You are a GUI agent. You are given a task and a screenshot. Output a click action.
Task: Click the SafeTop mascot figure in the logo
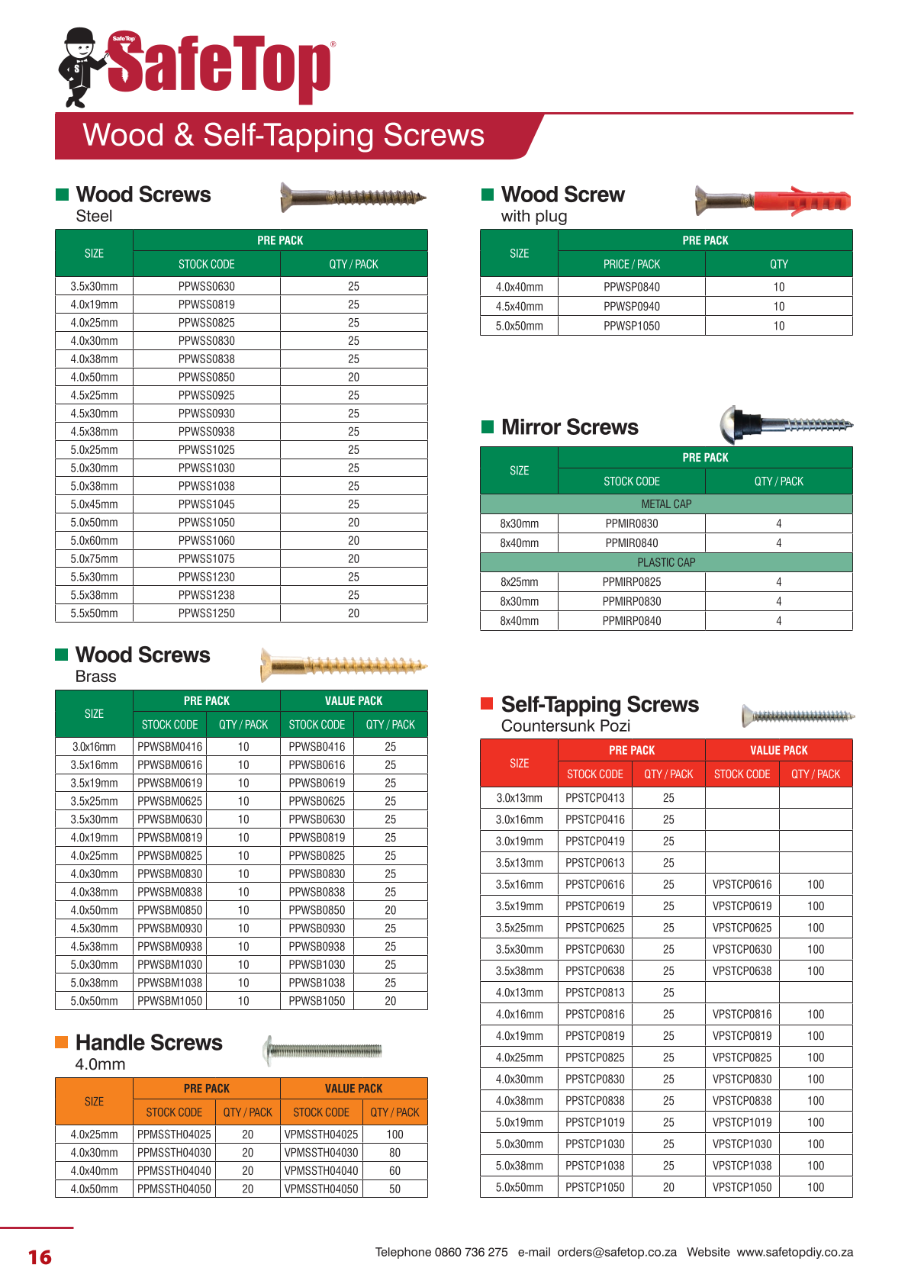80,67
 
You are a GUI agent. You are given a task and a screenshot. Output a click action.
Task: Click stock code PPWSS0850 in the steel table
206,377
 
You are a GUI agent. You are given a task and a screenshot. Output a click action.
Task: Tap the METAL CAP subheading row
666,504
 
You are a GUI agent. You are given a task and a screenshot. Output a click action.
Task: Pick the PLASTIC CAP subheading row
666,562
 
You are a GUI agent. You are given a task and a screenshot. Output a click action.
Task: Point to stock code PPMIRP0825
631,582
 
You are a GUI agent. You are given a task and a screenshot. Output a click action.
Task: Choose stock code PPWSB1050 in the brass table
317,1001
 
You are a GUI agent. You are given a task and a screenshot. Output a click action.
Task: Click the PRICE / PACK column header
631,264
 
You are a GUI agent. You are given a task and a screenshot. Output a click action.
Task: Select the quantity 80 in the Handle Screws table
394,1153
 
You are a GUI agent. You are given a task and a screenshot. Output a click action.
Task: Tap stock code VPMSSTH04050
321,1189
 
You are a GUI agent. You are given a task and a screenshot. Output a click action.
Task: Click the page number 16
40,1257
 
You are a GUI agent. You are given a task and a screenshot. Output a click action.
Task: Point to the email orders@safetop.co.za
617,1252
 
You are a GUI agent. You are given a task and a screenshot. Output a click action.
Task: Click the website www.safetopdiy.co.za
794,1252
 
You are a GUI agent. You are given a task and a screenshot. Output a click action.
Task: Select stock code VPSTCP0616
742,884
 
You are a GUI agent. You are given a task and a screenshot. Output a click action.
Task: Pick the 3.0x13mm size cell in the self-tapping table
519,798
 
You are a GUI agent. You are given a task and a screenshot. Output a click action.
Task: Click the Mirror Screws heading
569,427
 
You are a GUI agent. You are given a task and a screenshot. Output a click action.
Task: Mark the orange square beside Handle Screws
62,1042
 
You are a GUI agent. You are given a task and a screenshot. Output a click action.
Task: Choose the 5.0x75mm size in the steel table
94,558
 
